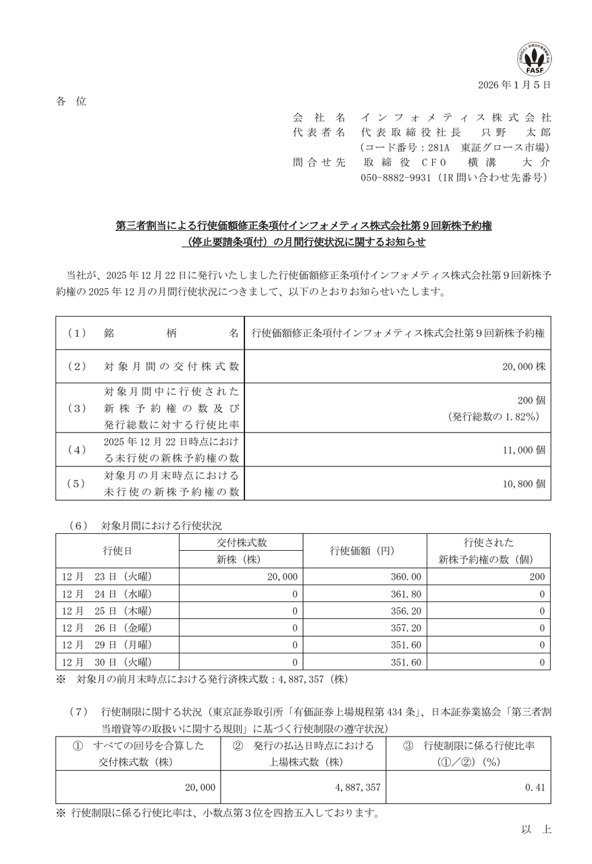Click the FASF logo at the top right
point(533,58)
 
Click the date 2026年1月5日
point(514,85)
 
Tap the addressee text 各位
point(71,101)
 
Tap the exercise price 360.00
point(407,576)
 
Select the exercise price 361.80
point(407,594)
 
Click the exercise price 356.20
point(407,611)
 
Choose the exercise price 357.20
point(407,628)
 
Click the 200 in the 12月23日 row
point(537,576)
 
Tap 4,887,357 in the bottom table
point(357,787)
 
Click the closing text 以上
point(536,830)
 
